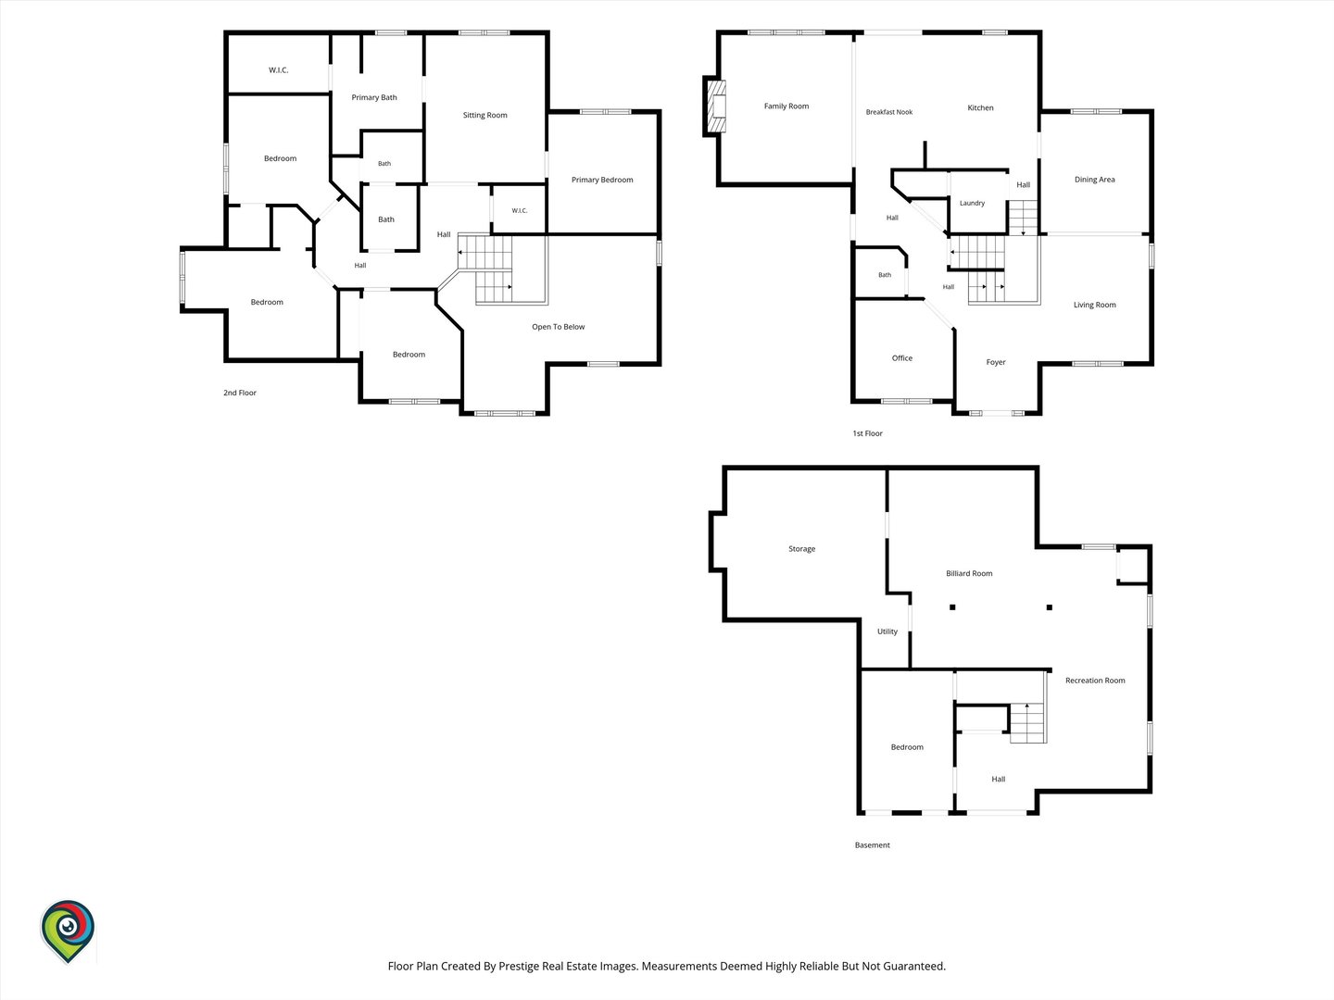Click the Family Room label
[x=786, y=106]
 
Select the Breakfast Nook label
[x=889, y=112]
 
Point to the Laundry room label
[x=972, y=204]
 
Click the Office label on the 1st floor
[x=902, y=358]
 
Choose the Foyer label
[x=996, y=362]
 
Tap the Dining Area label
[x=1095, y=180]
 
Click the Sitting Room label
[x=485, y=116]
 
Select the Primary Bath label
[x=373, y=98]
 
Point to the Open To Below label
[x=558, y=327]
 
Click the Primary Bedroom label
[x=601, y=180]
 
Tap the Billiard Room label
[x=969, y=573]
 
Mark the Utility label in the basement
[x=887, y=631]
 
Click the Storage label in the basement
[x=801, y=549]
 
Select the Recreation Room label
[x=1095, y=681]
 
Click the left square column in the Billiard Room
[x=952, y=607]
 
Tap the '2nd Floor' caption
[x=239, y=393]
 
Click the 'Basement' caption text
[x=872, y=845]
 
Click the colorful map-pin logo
[x=68, y=931]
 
